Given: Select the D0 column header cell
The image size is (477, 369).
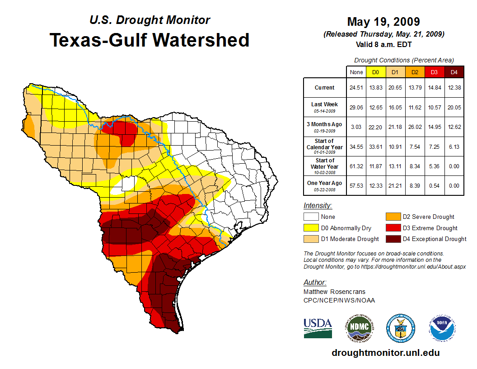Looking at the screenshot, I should tap(375, 72).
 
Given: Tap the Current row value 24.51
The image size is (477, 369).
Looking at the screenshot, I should tap(356, 88).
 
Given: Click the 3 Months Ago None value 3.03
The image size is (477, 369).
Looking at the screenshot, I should tap(356, 127).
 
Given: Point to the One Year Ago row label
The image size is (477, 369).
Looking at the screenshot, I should tap(324, 185).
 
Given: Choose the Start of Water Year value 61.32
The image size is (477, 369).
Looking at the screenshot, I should tap(356, 166).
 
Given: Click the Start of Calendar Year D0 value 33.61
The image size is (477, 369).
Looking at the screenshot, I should tap(375, 147).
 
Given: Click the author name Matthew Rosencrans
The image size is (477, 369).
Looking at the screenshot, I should tap(334, 292).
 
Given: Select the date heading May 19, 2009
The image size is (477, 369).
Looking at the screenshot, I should tap(383, 22).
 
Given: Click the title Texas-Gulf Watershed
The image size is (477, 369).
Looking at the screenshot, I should tap(150, 40).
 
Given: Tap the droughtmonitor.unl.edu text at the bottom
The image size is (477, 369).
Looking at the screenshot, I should tap(385, 353).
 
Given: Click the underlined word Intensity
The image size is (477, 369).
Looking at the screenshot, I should tap(318, 206).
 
